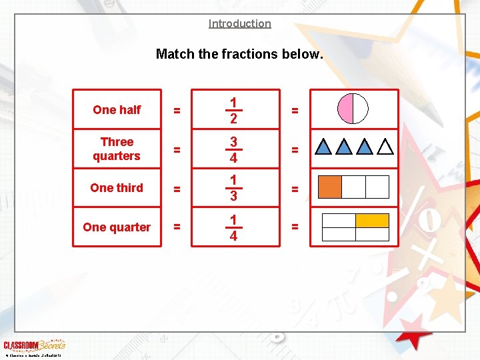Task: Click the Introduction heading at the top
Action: coord(239,24)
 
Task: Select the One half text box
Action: coord(117,109)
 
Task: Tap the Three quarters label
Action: coord(117,149)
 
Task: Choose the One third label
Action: coord(117,188)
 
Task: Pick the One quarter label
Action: coord(117,227)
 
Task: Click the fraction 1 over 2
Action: coord(233,110)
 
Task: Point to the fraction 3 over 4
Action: coord(233,149)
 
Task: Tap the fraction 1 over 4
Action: coord(233,227)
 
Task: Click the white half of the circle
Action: coord(360,109)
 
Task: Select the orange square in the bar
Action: coord(330,187)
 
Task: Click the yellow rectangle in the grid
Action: coord(371,221)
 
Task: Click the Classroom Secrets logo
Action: coord(34,345)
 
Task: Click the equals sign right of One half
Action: coord(177,110)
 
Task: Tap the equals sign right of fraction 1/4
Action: coord(295,227)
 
